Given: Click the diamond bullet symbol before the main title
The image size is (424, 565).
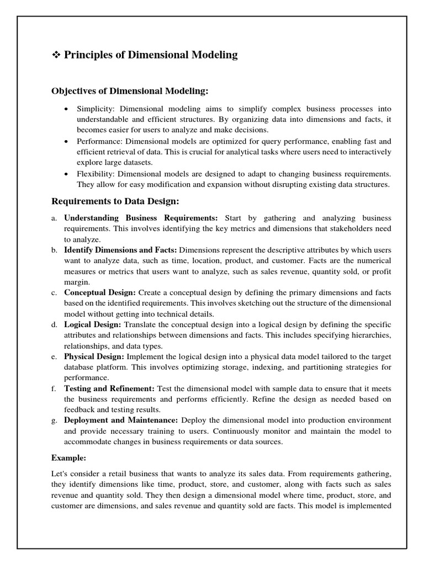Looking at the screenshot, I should point(56,55).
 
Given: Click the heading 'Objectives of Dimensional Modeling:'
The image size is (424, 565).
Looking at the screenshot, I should point(130,90).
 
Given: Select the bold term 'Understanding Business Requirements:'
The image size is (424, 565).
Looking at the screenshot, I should point(141,218).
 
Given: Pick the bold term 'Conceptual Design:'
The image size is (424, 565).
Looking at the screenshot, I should point(99,292).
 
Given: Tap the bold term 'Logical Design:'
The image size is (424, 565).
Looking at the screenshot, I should point(92,324).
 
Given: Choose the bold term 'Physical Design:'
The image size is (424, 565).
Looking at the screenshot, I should point(94,356).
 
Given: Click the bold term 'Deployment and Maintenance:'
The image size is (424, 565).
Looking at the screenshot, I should point(121,420).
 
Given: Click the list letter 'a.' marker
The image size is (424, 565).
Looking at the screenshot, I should point(55,218).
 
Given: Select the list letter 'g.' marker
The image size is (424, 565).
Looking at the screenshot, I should point(55,420).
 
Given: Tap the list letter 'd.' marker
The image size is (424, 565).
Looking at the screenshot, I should point(55,324).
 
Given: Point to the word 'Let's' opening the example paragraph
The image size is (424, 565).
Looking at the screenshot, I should point(61,474).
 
